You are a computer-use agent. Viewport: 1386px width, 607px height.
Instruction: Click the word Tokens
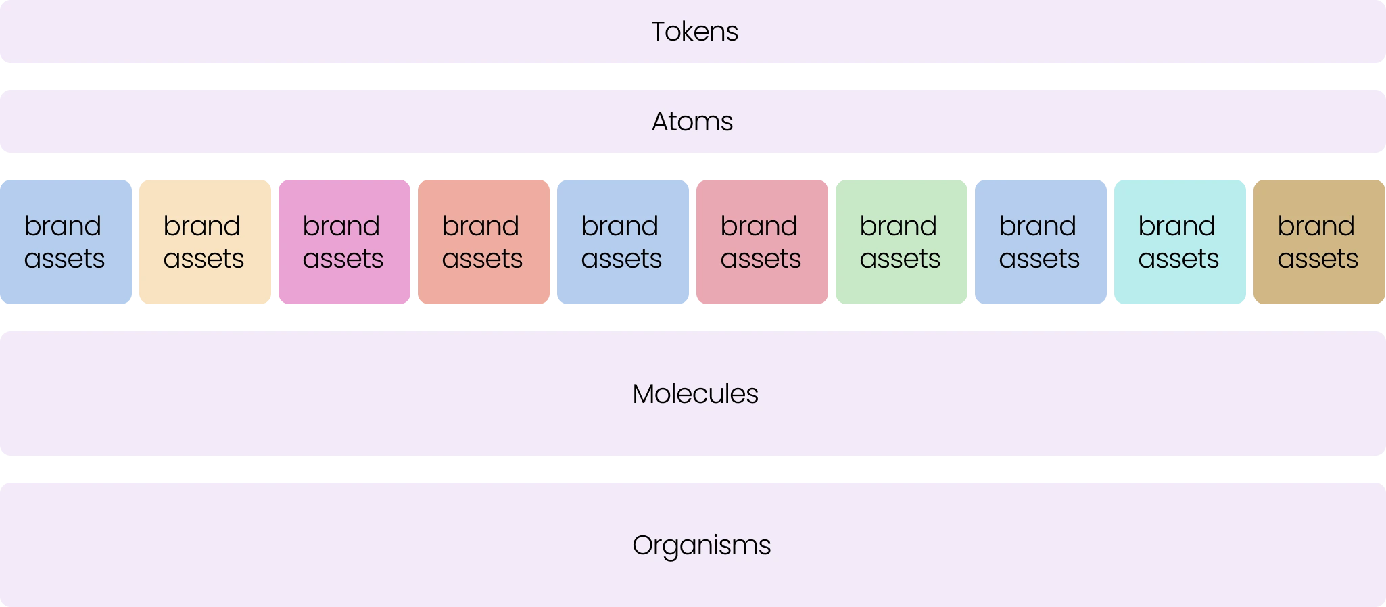694,32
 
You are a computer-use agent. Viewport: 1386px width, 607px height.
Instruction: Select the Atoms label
692,122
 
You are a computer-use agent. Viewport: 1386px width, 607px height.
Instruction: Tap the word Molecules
695,394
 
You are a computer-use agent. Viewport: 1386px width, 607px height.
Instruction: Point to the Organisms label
701,545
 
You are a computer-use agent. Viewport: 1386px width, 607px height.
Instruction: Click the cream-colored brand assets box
205,243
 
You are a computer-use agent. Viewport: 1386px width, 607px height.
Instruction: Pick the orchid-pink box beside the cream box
343,243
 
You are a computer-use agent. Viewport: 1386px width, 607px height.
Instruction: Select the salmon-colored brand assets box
483,243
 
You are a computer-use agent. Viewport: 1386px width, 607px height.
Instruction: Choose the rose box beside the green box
762,243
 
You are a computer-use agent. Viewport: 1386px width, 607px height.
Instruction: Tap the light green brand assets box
901,243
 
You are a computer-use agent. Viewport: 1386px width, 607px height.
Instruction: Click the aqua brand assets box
1180,243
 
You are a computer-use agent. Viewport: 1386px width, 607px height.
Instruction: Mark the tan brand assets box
1319,243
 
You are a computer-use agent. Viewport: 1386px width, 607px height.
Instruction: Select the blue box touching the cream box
66,243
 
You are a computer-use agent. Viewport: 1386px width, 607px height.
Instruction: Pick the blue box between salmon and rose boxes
623,243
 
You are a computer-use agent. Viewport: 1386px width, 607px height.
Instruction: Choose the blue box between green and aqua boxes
1041,243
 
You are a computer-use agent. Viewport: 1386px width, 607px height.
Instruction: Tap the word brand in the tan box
1316,226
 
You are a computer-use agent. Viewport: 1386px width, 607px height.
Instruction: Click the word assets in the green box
900,259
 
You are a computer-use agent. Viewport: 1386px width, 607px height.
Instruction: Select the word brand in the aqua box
1176,226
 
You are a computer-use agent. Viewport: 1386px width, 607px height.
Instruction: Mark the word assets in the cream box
204,259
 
